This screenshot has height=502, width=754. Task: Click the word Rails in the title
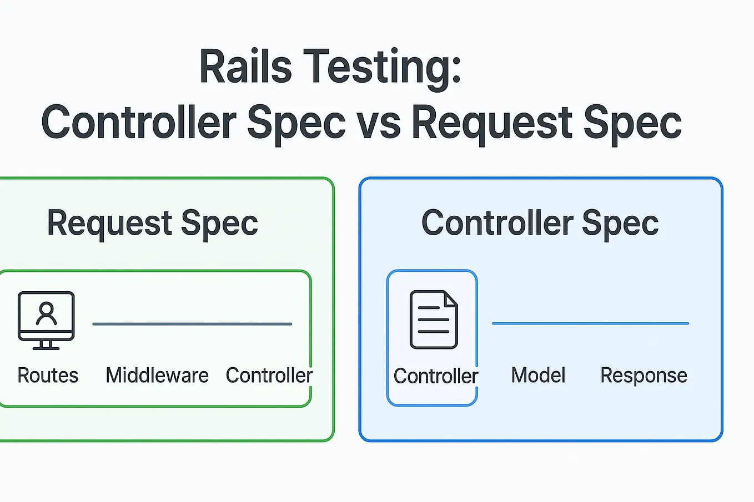coord(245,66)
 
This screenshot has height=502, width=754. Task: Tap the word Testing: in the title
coord(382,69)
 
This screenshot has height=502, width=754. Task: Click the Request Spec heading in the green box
coord(153,224)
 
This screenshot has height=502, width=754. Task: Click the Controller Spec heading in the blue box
coord(540,224)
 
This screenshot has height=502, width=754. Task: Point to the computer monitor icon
coord(46,321)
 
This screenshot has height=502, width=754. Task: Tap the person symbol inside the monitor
coord(46,313)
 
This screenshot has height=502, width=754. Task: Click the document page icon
coord(434,320)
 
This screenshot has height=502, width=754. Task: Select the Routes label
coord(48,375)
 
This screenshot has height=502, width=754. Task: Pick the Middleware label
coord(157,375)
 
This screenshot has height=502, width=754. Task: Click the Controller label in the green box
coord(269,375)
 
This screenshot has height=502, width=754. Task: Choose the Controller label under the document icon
coord(436,376)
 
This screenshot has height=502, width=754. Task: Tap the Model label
coord(538,375)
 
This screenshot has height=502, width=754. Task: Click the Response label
coord(644,376)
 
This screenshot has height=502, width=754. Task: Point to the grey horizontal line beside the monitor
coord(192,324)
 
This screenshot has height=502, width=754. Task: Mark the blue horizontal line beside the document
coord(590,323)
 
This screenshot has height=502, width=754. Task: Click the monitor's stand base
coord(46,348)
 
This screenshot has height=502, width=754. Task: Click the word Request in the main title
coord(492,125)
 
